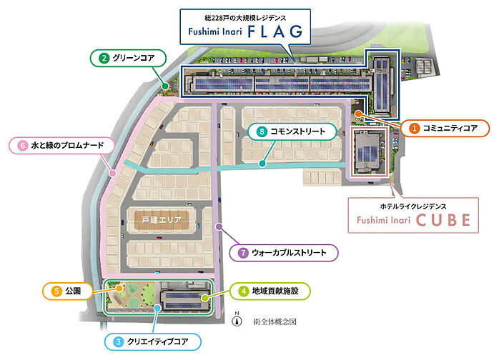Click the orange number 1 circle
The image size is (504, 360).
[x=415, y=129]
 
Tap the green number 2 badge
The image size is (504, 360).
[x=104, y=58]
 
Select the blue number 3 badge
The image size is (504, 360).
[x=118, y=341]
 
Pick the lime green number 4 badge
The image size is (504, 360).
[x=243, y=291]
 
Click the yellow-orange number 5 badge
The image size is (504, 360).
[x=56, y=291]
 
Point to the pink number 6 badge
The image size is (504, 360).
[x=22, y=146]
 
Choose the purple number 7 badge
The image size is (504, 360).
[x=243, y=253]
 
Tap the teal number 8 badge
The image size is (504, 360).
[x=262, y=131]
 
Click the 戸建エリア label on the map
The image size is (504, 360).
[x=162, y=220]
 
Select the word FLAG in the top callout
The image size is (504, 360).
[x=275, y=31]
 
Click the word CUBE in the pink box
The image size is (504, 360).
[x=443, y=220]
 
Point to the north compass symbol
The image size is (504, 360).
[x=237, y=319]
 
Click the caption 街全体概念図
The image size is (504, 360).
[x=275, y=321]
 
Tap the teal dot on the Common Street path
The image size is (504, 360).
[x=262, y=164]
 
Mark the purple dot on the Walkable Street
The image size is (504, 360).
[x=219, y=226]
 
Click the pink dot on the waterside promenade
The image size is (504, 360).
[x=112, y=174]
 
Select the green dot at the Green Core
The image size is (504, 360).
[x=165, y=86]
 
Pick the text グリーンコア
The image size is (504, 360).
[x=134, y=58]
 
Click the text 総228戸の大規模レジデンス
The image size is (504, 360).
[x=245, y=18]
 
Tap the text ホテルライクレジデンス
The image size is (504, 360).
[x=413, y=206]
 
